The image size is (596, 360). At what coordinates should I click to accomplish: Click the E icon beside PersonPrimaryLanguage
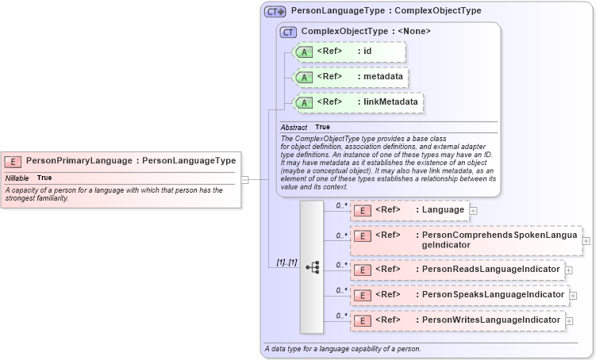click(13, 161)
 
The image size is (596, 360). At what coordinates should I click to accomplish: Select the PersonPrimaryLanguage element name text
click(79, 161)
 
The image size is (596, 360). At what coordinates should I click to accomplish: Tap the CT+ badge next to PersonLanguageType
click(275, 11)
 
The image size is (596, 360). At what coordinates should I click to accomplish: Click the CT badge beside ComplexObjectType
click(287, 32)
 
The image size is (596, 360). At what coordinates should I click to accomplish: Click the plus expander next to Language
click(473, 211)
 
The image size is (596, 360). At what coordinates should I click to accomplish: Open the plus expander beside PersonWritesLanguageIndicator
click(569, 320)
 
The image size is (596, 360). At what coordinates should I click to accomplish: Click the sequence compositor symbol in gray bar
click(312, 267)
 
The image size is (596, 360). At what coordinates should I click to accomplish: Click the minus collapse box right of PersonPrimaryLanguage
click(245, 179)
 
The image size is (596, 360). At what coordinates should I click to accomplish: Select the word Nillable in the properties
click(17, 178)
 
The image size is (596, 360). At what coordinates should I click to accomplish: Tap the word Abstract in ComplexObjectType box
click(294, 127)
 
